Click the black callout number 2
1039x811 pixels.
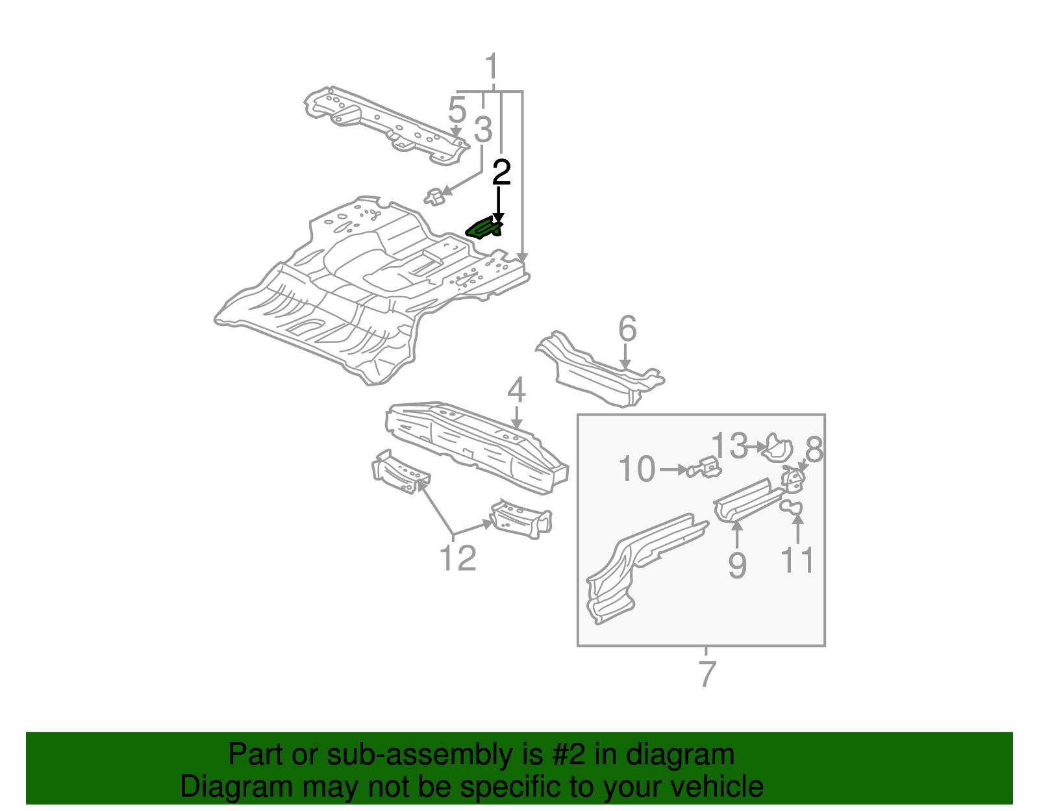click(501, 173)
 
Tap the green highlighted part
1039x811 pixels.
click(484, 229)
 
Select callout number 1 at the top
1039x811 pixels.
click(492, 68)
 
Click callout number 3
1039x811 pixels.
click(483, 129)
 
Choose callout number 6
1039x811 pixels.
click(627, 329)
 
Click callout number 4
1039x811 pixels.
click(516, 391)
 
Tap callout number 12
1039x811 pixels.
click(458, 558)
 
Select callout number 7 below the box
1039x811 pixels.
click(707, 674)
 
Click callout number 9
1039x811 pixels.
click(737, 565)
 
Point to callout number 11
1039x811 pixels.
click(797, 560)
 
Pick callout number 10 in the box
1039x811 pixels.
click(637, 469)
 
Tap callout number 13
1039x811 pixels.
click(731, 446)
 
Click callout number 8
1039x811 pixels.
click(814, 449)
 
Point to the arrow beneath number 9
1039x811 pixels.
click(737, 534)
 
